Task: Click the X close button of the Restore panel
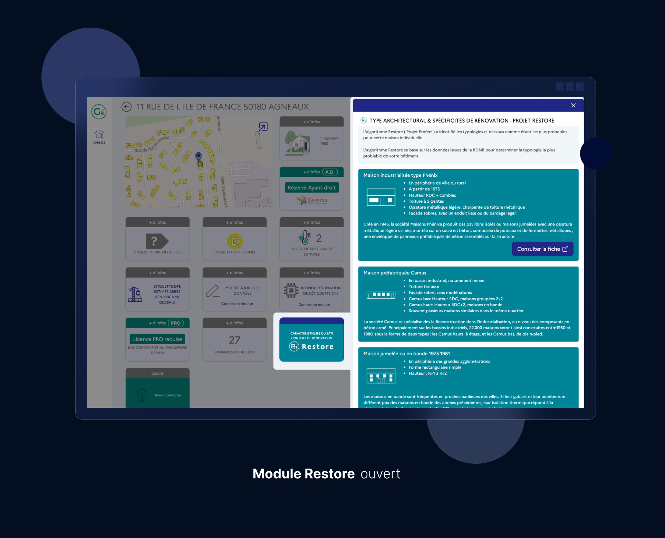pos(573,105)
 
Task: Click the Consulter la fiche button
pos(542,249)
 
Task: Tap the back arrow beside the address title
pos(127,107)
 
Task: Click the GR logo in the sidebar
pos(99,112)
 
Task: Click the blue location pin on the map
pos(199,156)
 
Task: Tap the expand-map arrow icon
pos(263,127)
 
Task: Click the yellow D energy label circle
pos(235,241)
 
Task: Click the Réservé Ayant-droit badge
pos(311,188)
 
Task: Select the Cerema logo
pos(312,200)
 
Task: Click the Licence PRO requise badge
pos(157,339)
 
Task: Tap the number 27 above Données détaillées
pos(234,340)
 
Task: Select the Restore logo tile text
pos(312,346)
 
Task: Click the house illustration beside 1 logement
pos(297,142)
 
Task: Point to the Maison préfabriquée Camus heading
pos(395,273)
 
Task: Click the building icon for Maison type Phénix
pos(381,197)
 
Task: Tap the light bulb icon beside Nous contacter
pos(142,395)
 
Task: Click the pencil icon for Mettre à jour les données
pos(213,291)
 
